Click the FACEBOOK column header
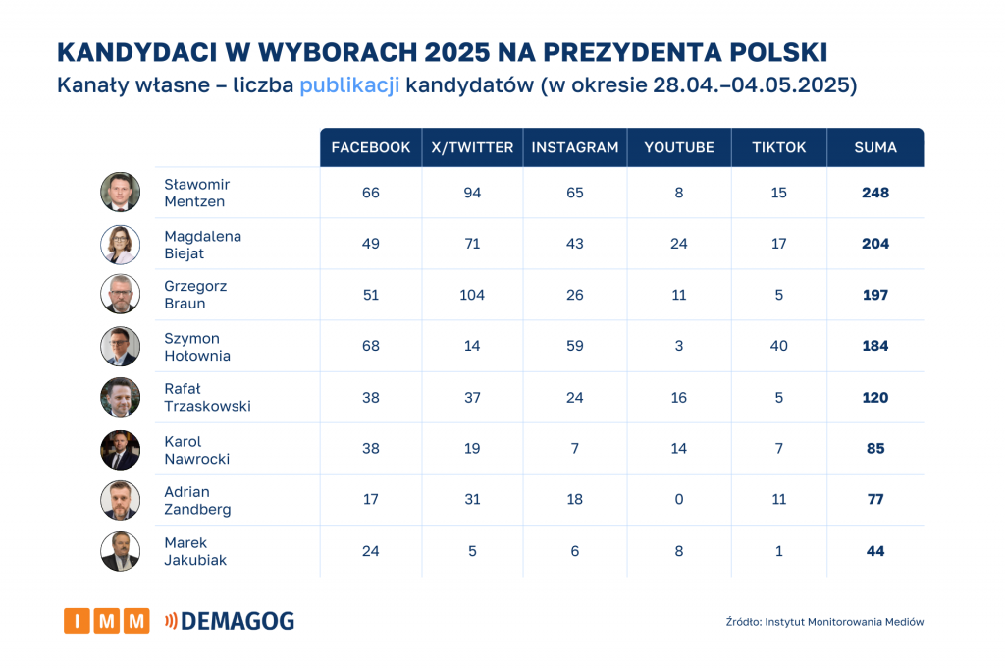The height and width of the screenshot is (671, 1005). tap(370, 147)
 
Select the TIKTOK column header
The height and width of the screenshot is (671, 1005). tap(778, 147)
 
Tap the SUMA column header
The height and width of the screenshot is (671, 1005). tap(875, 147)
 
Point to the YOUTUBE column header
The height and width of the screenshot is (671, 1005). tap(678, 147)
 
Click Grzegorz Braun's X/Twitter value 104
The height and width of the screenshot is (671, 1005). tap(472, 295)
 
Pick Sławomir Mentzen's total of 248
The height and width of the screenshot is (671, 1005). tap(874, 193)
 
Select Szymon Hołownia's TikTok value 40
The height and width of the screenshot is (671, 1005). tap(778, 346)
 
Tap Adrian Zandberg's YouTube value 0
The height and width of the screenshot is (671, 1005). tap(678, 499)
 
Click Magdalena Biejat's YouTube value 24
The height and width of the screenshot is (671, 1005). tap(678, 244)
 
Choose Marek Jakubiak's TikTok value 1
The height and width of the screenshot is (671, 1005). tap(778, 551)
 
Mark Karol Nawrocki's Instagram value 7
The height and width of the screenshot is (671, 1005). tap(574, 448)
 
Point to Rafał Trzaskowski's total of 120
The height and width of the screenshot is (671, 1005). tap(874, 397)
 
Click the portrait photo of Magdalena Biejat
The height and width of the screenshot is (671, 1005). tap(120, 244)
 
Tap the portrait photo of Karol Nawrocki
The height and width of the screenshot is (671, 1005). tap(120, 449)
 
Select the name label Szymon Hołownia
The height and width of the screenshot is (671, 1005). tap(197, 347)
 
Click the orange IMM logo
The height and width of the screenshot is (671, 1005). tap(107, 621)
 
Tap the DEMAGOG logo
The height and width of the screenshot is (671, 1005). tap(230, 621)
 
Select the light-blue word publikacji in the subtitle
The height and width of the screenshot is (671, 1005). tap(349, 84)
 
